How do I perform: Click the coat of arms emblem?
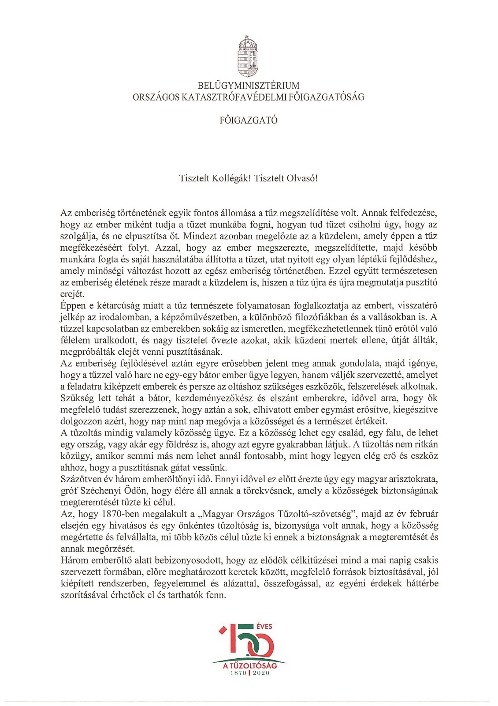click(x=248, y=56)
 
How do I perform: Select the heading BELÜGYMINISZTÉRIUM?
click(x=249, y=86)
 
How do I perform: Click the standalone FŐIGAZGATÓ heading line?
click(x=249, y=120)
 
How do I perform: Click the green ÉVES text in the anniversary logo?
click(x=264, y=626)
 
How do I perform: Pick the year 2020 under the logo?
click(x=261, y=673)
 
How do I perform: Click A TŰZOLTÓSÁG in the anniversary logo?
click(x=250, y=665)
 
